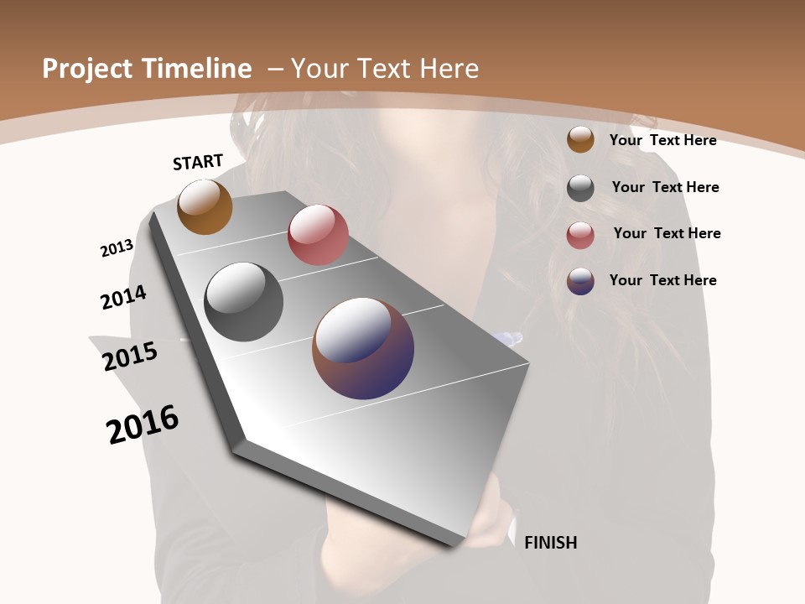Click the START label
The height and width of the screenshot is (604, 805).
198,162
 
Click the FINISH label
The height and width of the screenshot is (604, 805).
550,543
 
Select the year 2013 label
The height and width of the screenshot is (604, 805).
117,248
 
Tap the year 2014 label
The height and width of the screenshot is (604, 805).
123,297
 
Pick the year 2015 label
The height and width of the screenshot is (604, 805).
130,356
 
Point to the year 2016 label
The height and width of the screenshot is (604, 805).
143,424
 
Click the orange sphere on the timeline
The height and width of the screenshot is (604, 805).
205,207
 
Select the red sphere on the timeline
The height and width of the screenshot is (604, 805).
318,235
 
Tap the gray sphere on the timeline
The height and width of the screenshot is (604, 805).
243,302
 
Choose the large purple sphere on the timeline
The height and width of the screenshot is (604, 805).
363,348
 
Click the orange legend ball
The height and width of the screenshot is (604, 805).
580,139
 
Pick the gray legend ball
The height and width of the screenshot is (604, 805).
580,188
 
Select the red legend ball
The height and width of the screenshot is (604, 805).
580,235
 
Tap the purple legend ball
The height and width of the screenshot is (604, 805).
580,281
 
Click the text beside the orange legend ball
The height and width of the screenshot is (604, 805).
662,140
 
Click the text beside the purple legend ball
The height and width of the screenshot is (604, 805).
662,280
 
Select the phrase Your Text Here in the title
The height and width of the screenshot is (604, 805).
384,69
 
